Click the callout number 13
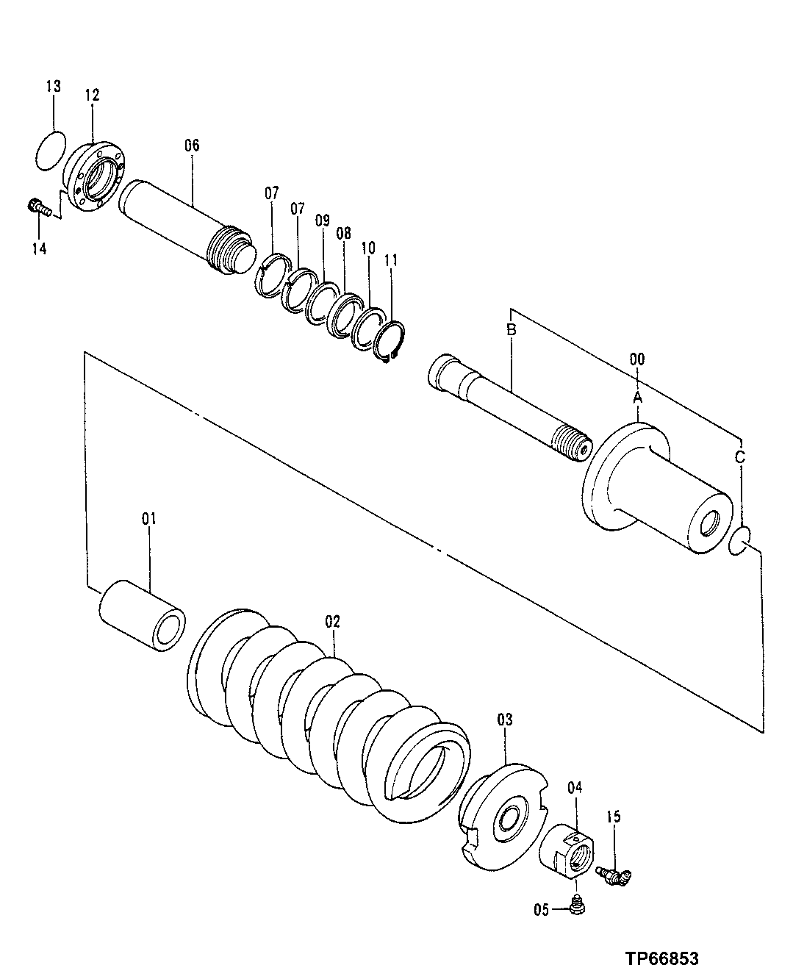point(54,87)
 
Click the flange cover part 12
point(97,176)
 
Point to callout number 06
point(191,145)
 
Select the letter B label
point(512,330)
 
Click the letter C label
point(740,456)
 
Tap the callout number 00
point(637,359)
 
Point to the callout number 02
point(333,621)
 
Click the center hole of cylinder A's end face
point(711,525)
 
